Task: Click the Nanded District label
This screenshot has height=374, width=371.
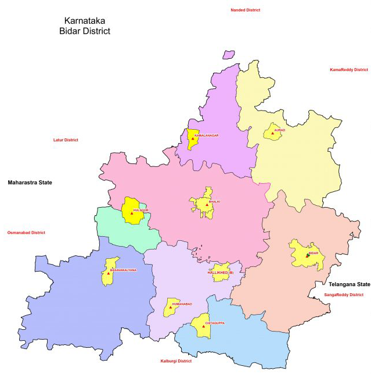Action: coord(245,10)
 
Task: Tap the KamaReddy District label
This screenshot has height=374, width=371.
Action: coord(348,70)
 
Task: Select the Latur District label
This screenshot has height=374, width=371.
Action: coord(66,140)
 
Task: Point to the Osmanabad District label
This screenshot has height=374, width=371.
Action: coord(26,233)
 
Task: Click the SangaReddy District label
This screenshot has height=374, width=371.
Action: coord(344,295)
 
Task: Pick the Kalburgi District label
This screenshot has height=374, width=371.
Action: coord(176,361)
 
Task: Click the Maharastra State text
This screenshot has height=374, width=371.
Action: coord(30,183)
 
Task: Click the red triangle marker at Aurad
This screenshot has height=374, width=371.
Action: coord(272,133)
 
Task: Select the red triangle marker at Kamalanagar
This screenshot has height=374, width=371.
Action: coord(192,138)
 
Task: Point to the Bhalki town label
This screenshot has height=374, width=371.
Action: coord(215,202)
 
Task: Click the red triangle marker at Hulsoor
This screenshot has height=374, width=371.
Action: coord(132,213)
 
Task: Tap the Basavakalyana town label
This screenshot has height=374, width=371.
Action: coord(124,270)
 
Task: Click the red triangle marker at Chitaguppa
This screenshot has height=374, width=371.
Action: coord(204,326)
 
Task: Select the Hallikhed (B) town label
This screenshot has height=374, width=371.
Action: coord(220,272)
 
